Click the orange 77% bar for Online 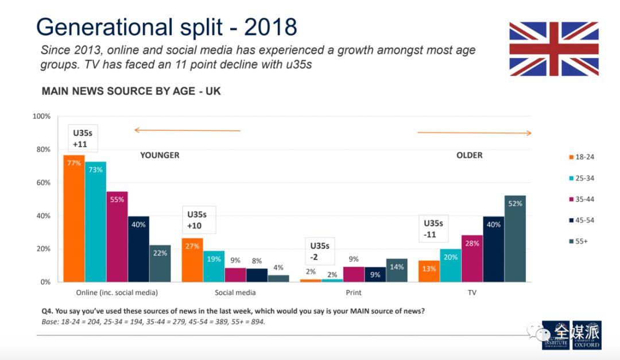73,218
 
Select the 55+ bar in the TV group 515,238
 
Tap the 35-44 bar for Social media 235,274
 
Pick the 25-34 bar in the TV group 450,265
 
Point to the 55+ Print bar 396,270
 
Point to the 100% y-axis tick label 41,117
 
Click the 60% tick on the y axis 43,183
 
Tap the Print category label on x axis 354,293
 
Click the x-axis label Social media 235,293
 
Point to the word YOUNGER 160,155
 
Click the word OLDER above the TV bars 469,155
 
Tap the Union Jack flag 553,49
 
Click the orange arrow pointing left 187,130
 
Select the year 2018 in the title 270,27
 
